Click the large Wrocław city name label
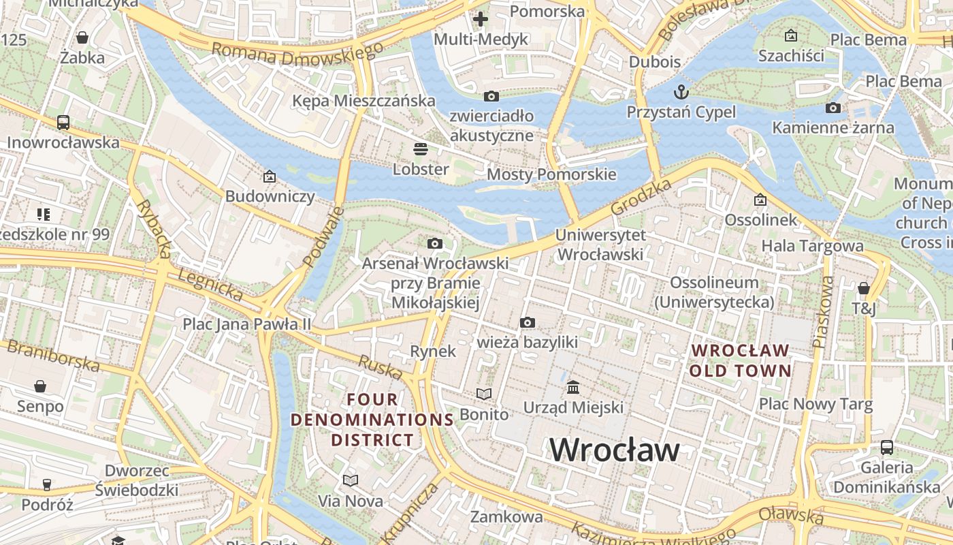pyautogui.click(x=615, y=450)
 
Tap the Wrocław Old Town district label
pyautogui.click(x=740, y=361)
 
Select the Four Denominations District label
pyautogui.click(x=372, y=420)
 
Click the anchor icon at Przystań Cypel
pyautogui.click(x=681, y=91)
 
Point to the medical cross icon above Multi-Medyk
pyautogui.click(x=481, y=18)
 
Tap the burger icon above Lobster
pyautogui.click(x=421, y=149)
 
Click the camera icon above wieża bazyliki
pyautogui.click(x=527, y=322)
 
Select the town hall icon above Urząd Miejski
pyautogui.click(x=573, y=388)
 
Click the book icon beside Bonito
pyautogui.click(x=483, y=394)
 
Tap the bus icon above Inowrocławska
pyautogui.click(x=63, y=123)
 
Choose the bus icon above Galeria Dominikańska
pyautogui.click(x=886, y=448)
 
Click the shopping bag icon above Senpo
pyautogui.click(x=40, y=386)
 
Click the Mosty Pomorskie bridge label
pyautogui.click(x=551, y=174)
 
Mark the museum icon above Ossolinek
pyautogui.click(x=760, y=200)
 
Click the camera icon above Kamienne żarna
pyautogui.click(x=833, y=108)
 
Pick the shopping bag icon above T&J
pyautogui.click(x=863, y=288)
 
